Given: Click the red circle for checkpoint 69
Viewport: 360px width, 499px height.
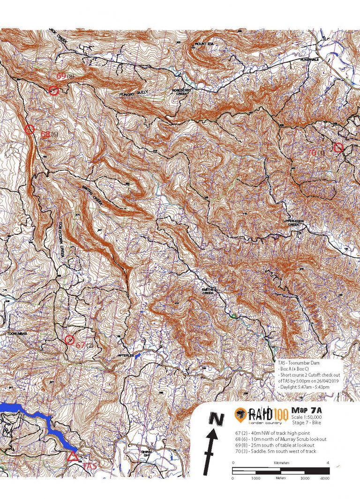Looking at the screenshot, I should point(53,91).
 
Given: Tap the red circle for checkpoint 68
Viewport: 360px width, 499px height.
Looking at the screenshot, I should point(29,129).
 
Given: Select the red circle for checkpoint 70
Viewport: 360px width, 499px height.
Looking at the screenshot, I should point(338,148).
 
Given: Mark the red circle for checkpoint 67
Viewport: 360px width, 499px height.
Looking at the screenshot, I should point(70,340).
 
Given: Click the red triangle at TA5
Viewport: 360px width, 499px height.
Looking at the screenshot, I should point(72,456).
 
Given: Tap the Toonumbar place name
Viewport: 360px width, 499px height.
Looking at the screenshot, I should point(15,334).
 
